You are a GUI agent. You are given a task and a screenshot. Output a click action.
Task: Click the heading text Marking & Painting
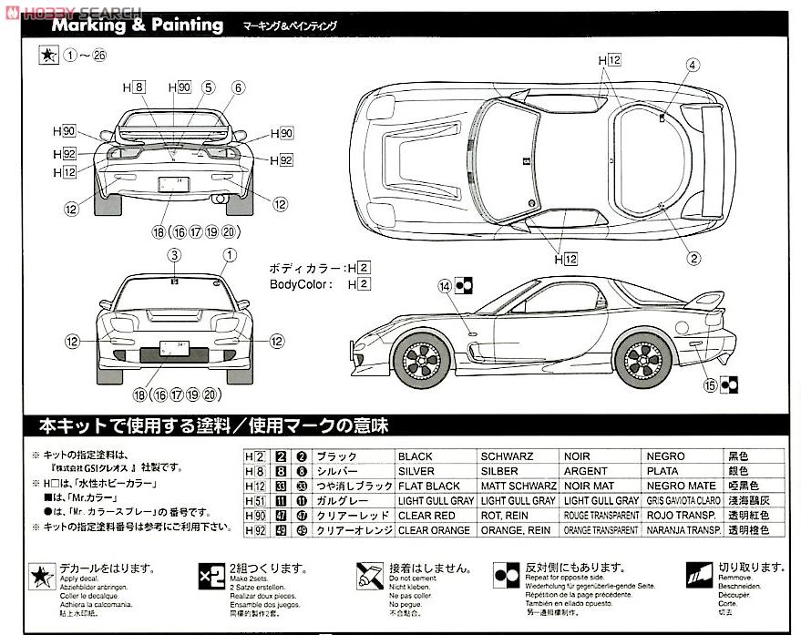138,25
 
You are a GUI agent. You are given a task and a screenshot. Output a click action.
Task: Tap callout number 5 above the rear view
208,87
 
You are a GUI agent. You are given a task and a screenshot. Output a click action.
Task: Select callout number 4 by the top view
693,65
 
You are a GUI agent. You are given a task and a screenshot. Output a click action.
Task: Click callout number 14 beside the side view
445,286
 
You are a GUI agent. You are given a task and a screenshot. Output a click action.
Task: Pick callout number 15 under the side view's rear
710,385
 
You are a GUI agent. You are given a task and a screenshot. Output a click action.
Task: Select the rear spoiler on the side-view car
703,300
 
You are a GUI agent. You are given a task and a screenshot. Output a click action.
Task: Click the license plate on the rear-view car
173,184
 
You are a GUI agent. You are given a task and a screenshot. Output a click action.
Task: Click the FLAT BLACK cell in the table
429,486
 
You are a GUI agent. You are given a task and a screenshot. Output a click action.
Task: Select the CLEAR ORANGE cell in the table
434,529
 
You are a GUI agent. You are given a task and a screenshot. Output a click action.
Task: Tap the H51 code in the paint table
255,500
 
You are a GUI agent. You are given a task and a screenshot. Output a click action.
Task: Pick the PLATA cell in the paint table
663,471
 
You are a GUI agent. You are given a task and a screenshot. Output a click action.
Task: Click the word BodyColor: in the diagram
305,284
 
